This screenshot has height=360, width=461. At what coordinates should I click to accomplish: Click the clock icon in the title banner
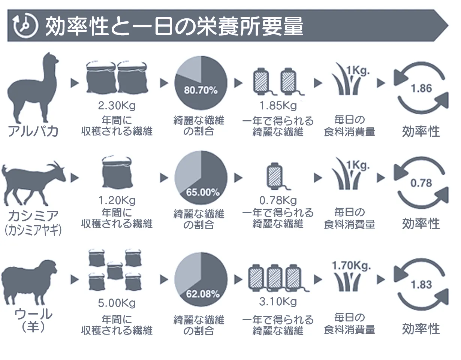tap(25, 25)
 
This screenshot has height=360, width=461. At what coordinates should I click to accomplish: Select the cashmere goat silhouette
tap(33, 184)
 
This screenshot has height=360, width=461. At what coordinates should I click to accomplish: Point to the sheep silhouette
tap(29, 282)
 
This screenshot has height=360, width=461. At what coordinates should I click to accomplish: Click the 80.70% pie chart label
tap(201, 90)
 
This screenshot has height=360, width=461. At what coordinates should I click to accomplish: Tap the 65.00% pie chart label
tap(203, 193)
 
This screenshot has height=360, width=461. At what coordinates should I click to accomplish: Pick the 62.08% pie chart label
tap(203, 294)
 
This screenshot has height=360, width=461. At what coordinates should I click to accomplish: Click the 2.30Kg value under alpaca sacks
tap(117, 106)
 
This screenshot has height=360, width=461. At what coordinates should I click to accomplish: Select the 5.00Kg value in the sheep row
tap(117, 303)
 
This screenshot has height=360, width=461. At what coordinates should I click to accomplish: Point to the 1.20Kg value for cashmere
tap(117, 200)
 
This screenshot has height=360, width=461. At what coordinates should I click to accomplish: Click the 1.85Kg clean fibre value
tap(278, 106)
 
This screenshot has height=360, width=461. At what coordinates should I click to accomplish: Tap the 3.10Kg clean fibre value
tap(278, 302)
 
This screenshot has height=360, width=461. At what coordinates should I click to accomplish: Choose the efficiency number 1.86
tap(422, 88)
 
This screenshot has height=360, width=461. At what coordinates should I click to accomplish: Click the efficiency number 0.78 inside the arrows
tap(421, 183)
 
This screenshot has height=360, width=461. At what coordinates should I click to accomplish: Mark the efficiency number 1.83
tap(422, 285)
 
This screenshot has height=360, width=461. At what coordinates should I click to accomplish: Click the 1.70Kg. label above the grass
tap(351, 266)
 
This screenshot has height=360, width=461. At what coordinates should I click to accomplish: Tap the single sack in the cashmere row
tap(117, 172)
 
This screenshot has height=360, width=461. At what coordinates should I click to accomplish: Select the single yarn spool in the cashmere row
tap(275, 176)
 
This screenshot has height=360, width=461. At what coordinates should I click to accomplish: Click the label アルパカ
tap(33, 131)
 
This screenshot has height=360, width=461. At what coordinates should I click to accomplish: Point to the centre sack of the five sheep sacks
tap(115, 271)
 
